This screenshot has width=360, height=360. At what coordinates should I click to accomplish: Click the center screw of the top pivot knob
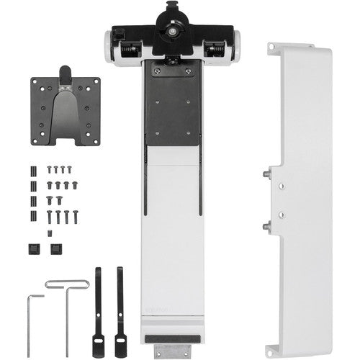(173, 30)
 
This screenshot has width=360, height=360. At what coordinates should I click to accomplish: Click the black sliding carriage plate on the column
(173, 104)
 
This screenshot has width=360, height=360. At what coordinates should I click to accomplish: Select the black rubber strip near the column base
(173, 336)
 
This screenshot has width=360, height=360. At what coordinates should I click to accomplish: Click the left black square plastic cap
(32, 248)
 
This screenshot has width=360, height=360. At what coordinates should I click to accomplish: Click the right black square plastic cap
(55, 248)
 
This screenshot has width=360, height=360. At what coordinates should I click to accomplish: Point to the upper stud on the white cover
(267, 174)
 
